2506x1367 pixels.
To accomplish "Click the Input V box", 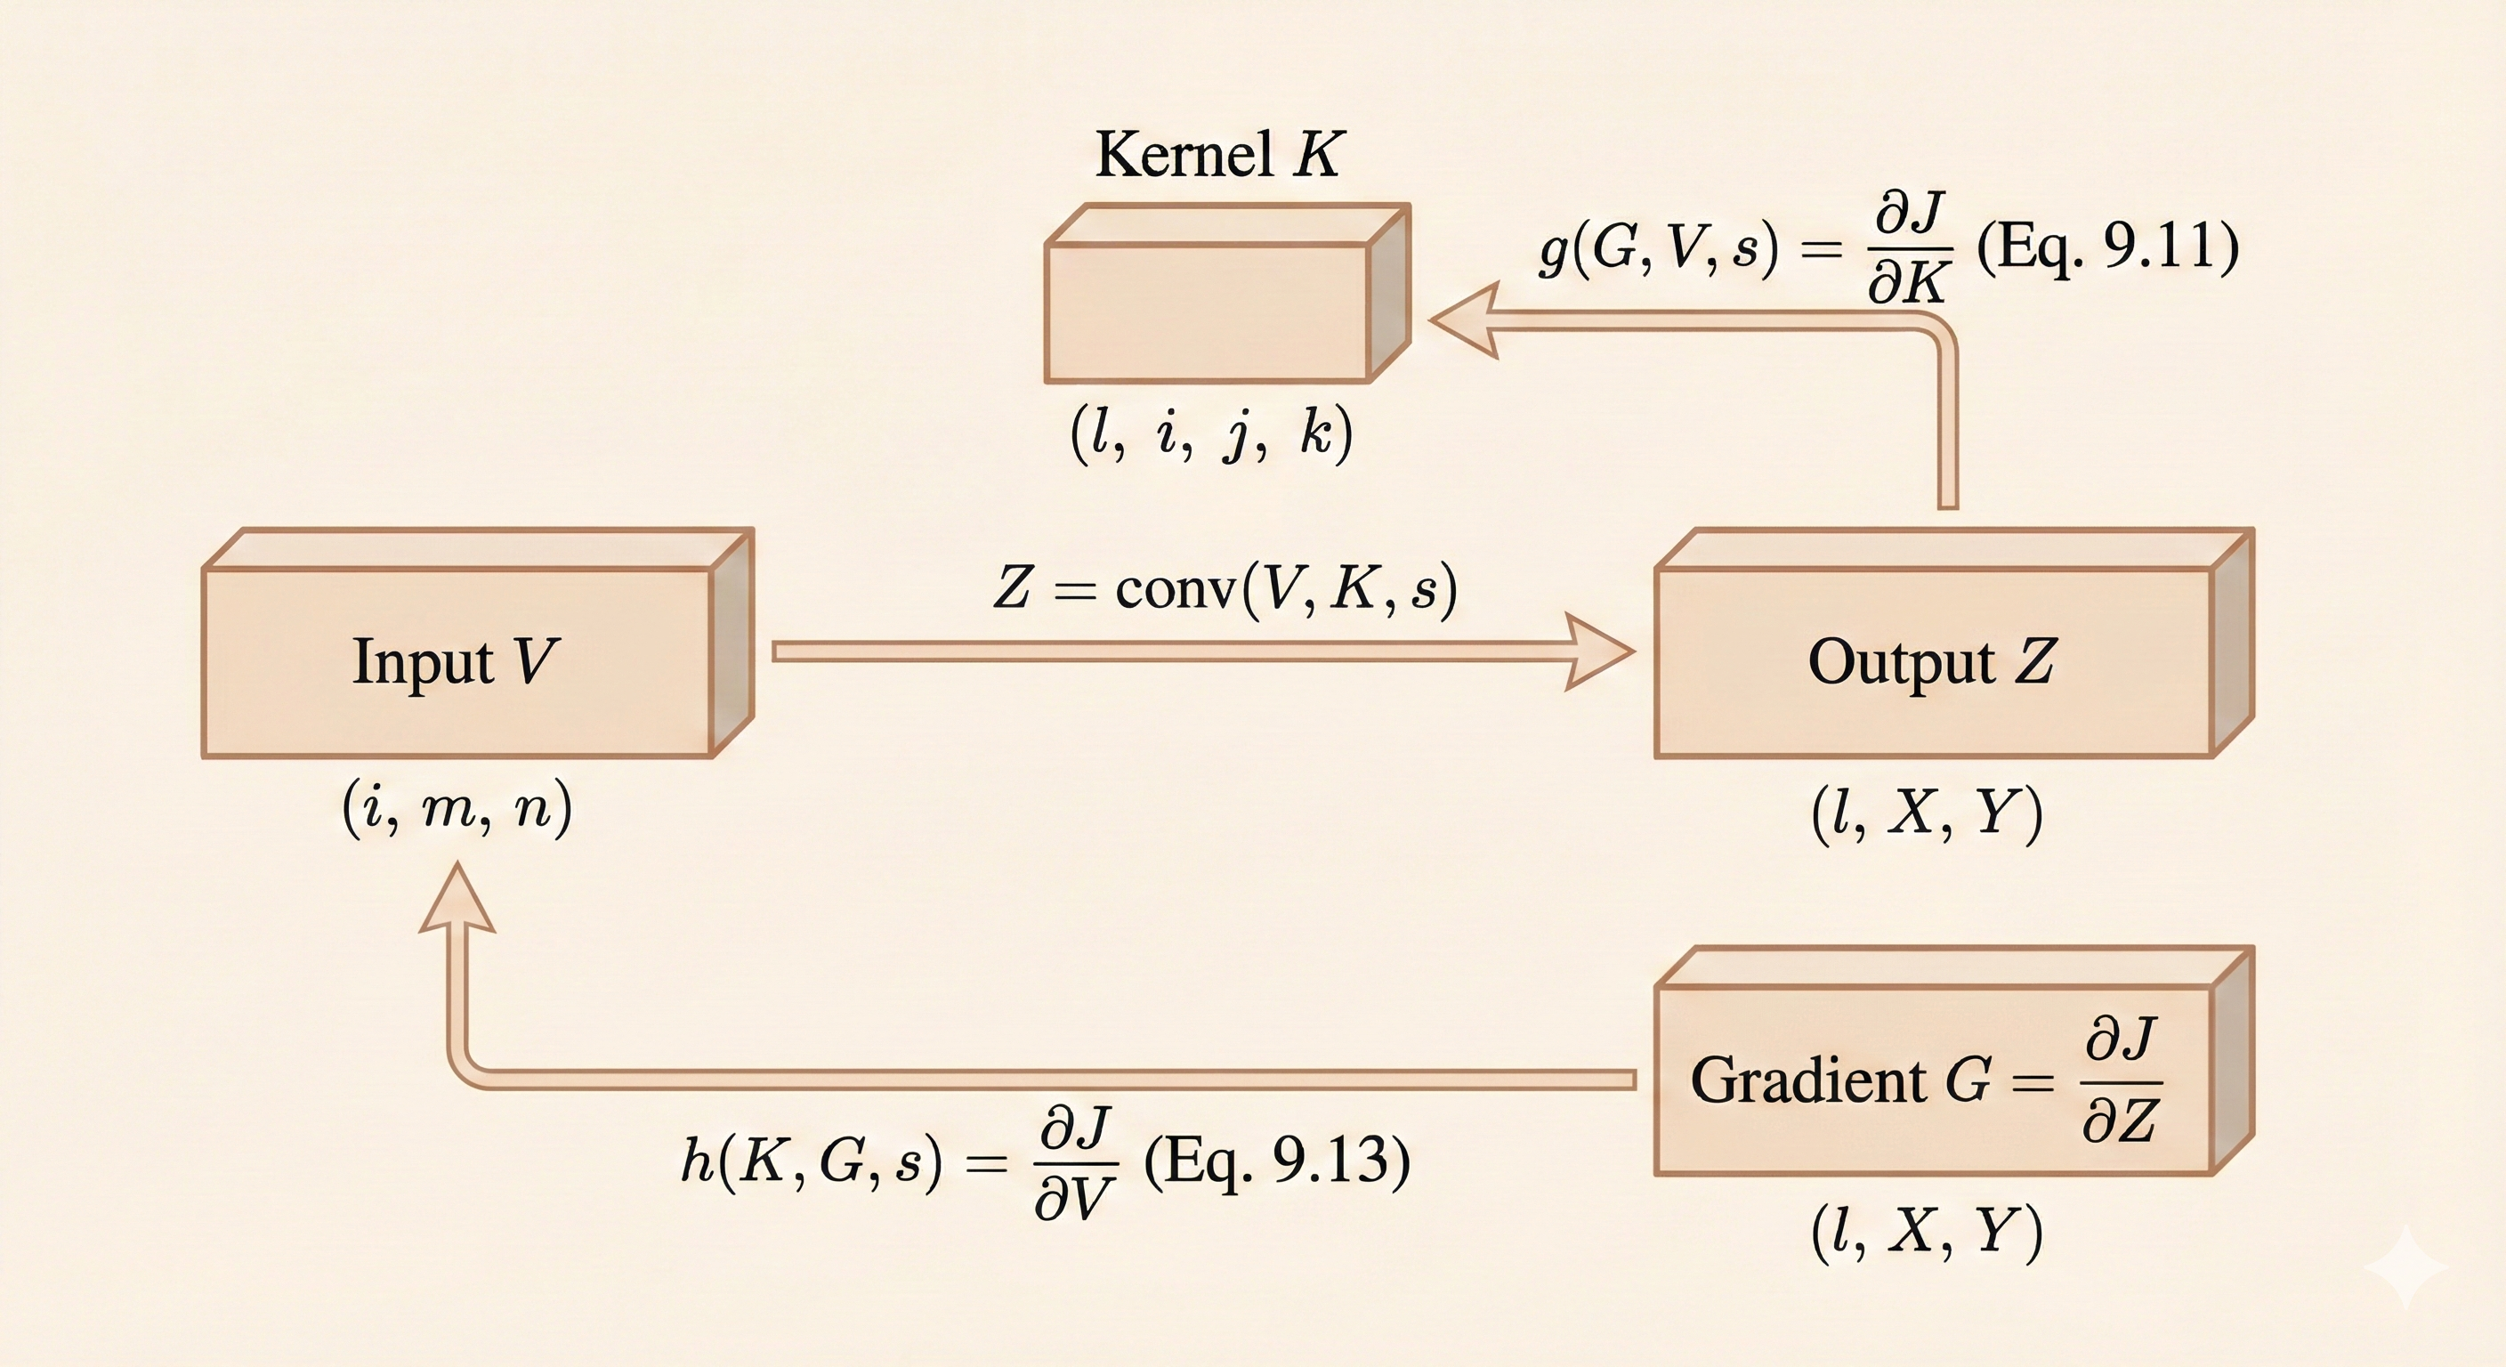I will tap(457, 661).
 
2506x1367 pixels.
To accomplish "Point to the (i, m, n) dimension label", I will tap(457, 810).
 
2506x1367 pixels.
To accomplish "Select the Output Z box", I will tap(1932, 661).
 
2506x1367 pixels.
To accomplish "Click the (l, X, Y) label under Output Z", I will tap(1926, 813).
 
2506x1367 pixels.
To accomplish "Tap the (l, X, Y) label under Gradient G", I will tap(1926, 1232).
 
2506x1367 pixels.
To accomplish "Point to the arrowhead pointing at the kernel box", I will tap(1464, 321).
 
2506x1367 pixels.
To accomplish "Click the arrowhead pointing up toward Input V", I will tap(457, 900).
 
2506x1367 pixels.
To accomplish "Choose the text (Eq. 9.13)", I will tap(1276, 1160).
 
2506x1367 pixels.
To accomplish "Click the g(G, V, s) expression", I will tap(1659, 248).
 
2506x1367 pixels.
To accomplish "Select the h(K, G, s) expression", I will tap(812, 1161).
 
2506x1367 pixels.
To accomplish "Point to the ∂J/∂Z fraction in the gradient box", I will tap(2121, 1080).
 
